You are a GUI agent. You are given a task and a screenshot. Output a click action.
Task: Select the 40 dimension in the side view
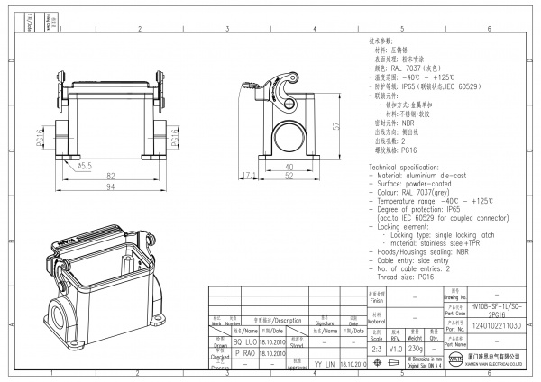[288, 166]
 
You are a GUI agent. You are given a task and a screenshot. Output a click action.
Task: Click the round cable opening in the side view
[287, 135]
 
